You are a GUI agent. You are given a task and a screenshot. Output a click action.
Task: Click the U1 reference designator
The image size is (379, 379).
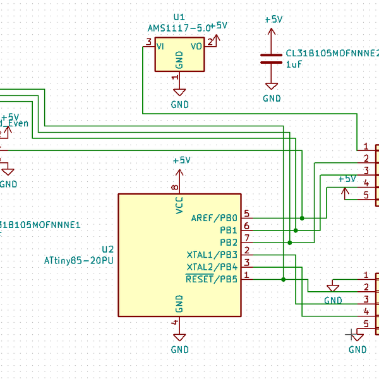pyautogui.click(x=179, y=17)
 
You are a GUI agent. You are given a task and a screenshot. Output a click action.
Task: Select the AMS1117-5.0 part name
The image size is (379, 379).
pyautogui.click(x=179, y=28)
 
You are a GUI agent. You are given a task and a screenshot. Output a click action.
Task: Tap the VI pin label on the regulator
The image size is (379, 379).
pyautogui.click(x=161, y=46)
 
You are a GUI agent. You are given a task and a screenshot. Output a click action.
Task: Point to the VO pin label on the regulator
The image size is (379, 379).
pyautogui.click(x=196, y=46)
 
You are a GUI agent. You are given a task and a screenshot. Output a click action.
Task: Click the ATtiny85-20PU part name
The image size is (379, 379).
pyautogui.click(x=79, y=260)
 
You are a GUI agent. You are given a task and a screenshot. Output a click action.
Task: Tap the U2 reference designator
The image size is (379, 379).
pyautogui.click(x=107, y=249)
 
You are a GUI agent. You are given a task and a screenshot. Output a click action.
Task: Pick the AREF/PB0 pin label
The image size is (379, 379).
pyautogui.click(x=214, y=218)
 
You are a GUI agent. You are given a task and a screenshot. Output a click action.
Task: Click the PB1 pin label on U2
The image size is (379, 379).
pyautogui.click(x=229, y=230)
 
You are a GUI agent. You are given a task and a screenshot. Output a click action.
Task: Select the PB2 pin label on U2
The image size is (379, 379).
pyautogui.click(x=229, y=242)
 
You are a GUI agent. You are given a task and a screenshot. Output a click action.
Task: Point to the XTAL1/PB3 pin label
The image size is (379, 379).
pyautogui.click(x=212, y=255)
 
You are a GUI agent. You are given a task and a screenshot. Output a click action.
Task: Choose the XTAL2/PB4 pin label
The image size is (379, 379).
pyautogui.click(x=212, y=267)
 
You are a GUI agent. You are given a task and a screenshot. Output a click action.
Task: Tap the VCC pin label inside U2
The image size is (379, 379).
pyautogui.click(x=179, y=205)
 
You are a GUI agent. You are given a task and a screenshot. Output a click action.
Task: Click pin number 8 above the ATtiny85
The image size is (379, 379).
pyautogui.click(x=176, y=188)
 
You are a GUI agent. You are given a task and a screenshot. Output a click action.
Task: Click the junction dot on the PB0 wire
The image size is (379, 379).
pyautogui.click(x=302, y=218)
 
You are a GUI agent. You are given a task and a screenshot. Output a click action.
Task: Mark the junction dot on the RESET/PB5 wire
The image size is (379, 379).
pyautogui.click(x=284, y=279)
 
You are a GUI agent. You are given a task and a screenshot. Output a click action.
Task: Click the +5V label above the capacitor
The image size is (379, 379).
pyautogui.click(x=274, y=20)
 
